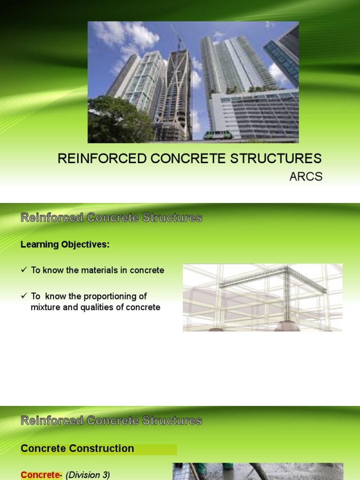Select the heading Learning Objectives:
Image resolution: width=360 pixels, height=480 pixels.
click(x=65, y=245)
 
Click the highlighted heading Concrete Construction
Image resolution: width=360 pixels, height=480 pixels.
click(x=77, y=449)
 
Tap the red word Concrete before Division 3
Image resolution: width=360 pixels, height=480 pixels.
click(x=40, y=475)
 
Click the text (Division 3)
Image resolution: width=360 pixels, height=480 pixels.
click(x=88, y=475)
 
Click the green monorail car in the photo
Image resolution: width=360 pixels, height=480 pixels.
click(x=217, y=135)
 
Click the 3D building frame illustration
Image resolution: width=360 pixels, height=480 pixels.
click(x=262, y=298)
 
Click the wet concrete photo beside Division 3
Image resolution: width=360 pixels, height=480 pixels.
click(x=258, y=472)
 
